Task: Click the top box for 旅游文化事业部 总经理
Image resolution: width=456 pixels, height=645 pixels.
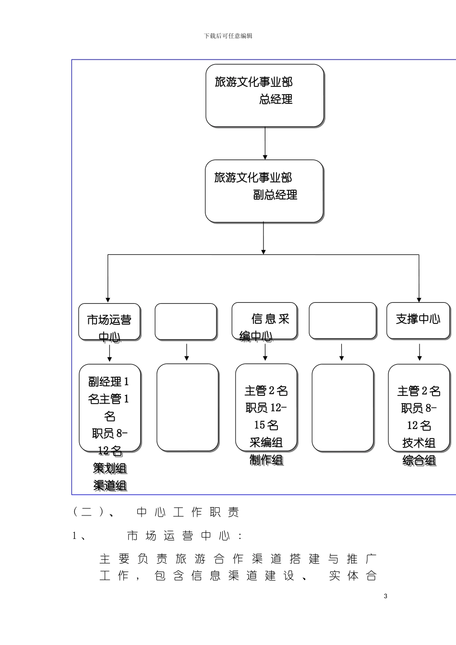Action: point(264,96)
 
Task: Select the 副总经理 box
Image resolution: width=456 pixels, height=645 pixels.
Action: point(264,191)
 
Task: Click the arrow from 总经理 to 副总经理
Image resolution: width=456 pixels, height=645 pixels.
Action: point(265,143)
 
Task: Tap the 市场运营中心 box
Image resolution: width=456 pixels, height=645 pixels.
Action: point(109,322)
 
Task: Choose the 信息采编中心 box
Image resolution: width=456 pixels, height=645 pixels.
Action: point(264,321)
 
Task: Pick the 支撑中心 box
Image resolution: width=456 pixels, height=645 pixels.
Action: point(418,320)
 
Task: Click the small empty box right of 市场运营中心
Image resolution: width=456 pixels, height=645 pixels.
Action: point(186,322)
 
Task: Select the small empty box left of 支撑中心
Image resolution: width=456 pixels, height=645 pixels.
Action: point(342,321)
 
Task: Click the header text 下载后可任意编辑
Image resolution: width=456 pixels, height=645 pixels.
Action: point(228,36)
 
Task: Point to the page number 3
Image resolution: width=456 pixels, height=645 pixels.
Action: point(385,596)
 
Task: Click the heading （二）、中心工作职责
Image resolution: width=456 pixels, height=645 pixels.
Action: point(156,512)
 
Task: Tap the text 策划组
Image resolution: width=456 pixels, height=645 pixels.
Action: point(110,468)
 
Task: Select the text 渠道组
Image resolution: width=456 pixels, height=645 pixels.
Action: point(110,485)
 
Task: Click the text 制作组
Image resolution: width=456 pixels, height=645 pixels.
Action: point(266,460)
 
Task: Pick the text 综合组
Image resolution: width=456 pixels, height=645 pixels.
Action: point(419,460)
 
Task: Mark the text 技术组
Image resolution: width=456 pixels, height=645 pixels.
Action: point(419,443)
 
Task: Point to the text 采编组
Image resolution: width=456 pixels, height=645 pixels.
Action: point(266,442)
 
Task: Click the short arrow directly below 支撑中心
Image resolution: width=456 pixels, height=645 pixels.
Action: point(420,352)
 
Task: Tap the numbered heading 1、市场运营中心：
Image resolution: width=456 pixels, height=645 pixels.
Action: point(158,536)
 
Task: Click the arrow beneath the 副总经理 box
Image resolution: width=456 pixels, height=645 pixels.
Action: point(264,239)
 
